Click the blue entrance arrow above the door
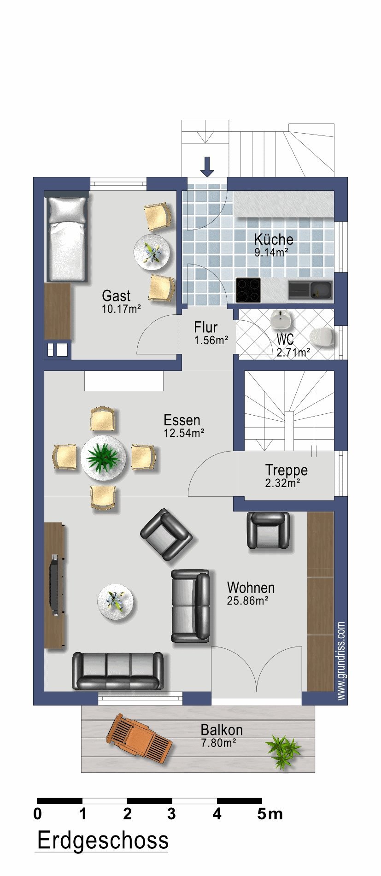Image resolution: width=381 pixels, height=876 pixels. point(207,167)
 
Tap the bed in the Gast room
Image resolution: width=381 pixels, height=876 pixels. point(67,239)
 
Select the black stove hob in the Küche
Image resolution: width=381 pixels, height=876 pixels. point(248,290)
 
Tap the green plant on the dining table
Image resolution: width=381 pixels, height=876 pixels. point(104,458)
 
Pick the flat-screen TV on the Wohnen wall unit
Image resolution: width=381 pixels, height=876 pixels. point(55,585)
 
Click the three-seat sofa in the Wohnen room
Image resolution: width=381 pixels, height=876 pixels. point(118,670)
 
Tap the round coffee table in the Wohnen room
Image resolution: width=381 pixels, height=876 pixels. point(117,602)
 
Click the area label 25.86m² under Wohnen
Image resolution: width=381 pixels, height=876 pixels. point(247,600)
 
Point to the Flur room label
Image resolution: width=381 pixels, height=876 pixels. point(206,327)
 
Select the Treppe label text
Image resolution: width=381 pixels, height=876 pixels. point(287,470)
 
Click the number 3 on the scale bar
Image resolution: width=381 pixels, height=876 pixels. point(171,814)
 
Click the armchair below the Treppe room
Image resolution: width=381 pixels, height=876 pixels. point(269,531)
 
